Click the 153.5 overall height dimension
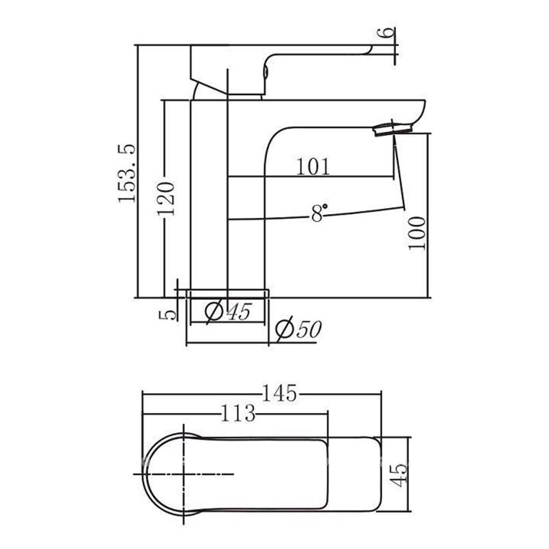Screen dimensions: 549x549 (127, 173)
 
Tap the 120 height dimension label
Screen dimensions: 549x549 (165, 198)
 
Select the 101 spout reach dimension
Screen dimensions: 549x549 (313, 167)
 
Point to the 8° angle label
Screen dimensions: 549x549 (319, 213)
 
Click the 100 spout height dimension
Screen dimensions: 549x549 (417, 233)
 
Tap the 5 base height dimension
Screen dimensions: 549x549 (167, 314)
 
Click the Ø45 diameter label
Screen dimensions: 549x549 (228, 311)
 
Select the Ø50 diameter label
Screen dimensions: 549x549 (298, 329)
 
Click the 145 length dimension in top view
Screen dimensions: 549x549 (279, 393)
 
